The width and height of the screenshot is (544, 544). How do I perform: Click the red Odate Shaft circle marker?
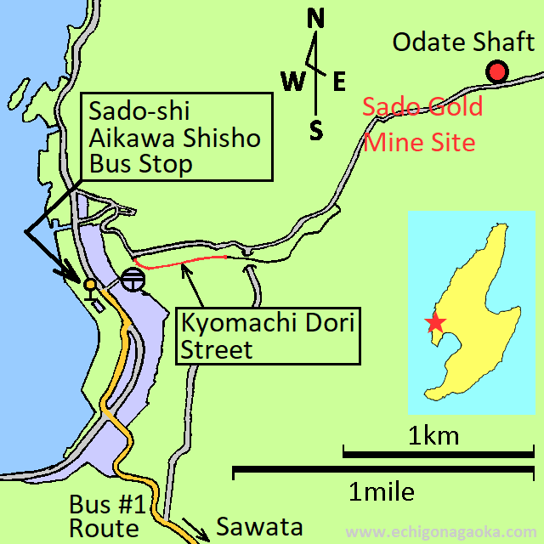pos(496,73)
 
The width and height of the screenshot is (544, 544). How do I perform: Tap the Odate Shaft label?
pos(463,42)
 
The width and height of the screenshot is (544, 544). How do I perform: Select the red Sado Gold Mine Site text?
pos(422,123)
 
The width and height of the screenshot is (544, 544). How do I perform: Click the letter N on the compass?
pos(316,18)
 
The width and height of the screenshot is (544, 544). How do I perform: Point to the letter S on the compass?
pos(316,130)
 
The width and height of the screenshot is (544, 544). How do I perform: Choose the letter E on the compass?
pos(338,82)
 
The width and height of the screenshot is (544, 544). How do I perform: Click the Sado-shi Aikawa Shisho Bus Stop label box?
pos(177,137)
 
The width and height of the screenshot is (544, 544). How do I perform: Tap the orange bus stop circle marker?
pos(89,284)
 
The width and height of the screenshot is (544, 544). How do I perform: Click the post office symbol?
pos(133,280)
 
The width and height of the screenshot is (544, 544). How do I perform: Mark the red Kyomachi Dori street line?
pos(183,263)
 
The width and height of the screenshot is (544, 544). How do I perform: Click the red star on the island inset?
pos(435,323)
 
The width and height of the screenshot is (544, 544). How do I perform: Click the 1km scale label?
pos(433,437)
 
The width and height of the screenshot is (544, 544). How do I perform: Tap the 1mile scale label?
pos(382,491)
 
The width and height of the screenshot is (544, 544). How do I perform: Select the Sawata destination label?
pos(259,526)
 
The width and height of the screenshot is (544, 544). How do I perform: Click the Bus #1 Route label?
pos(104,515)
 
